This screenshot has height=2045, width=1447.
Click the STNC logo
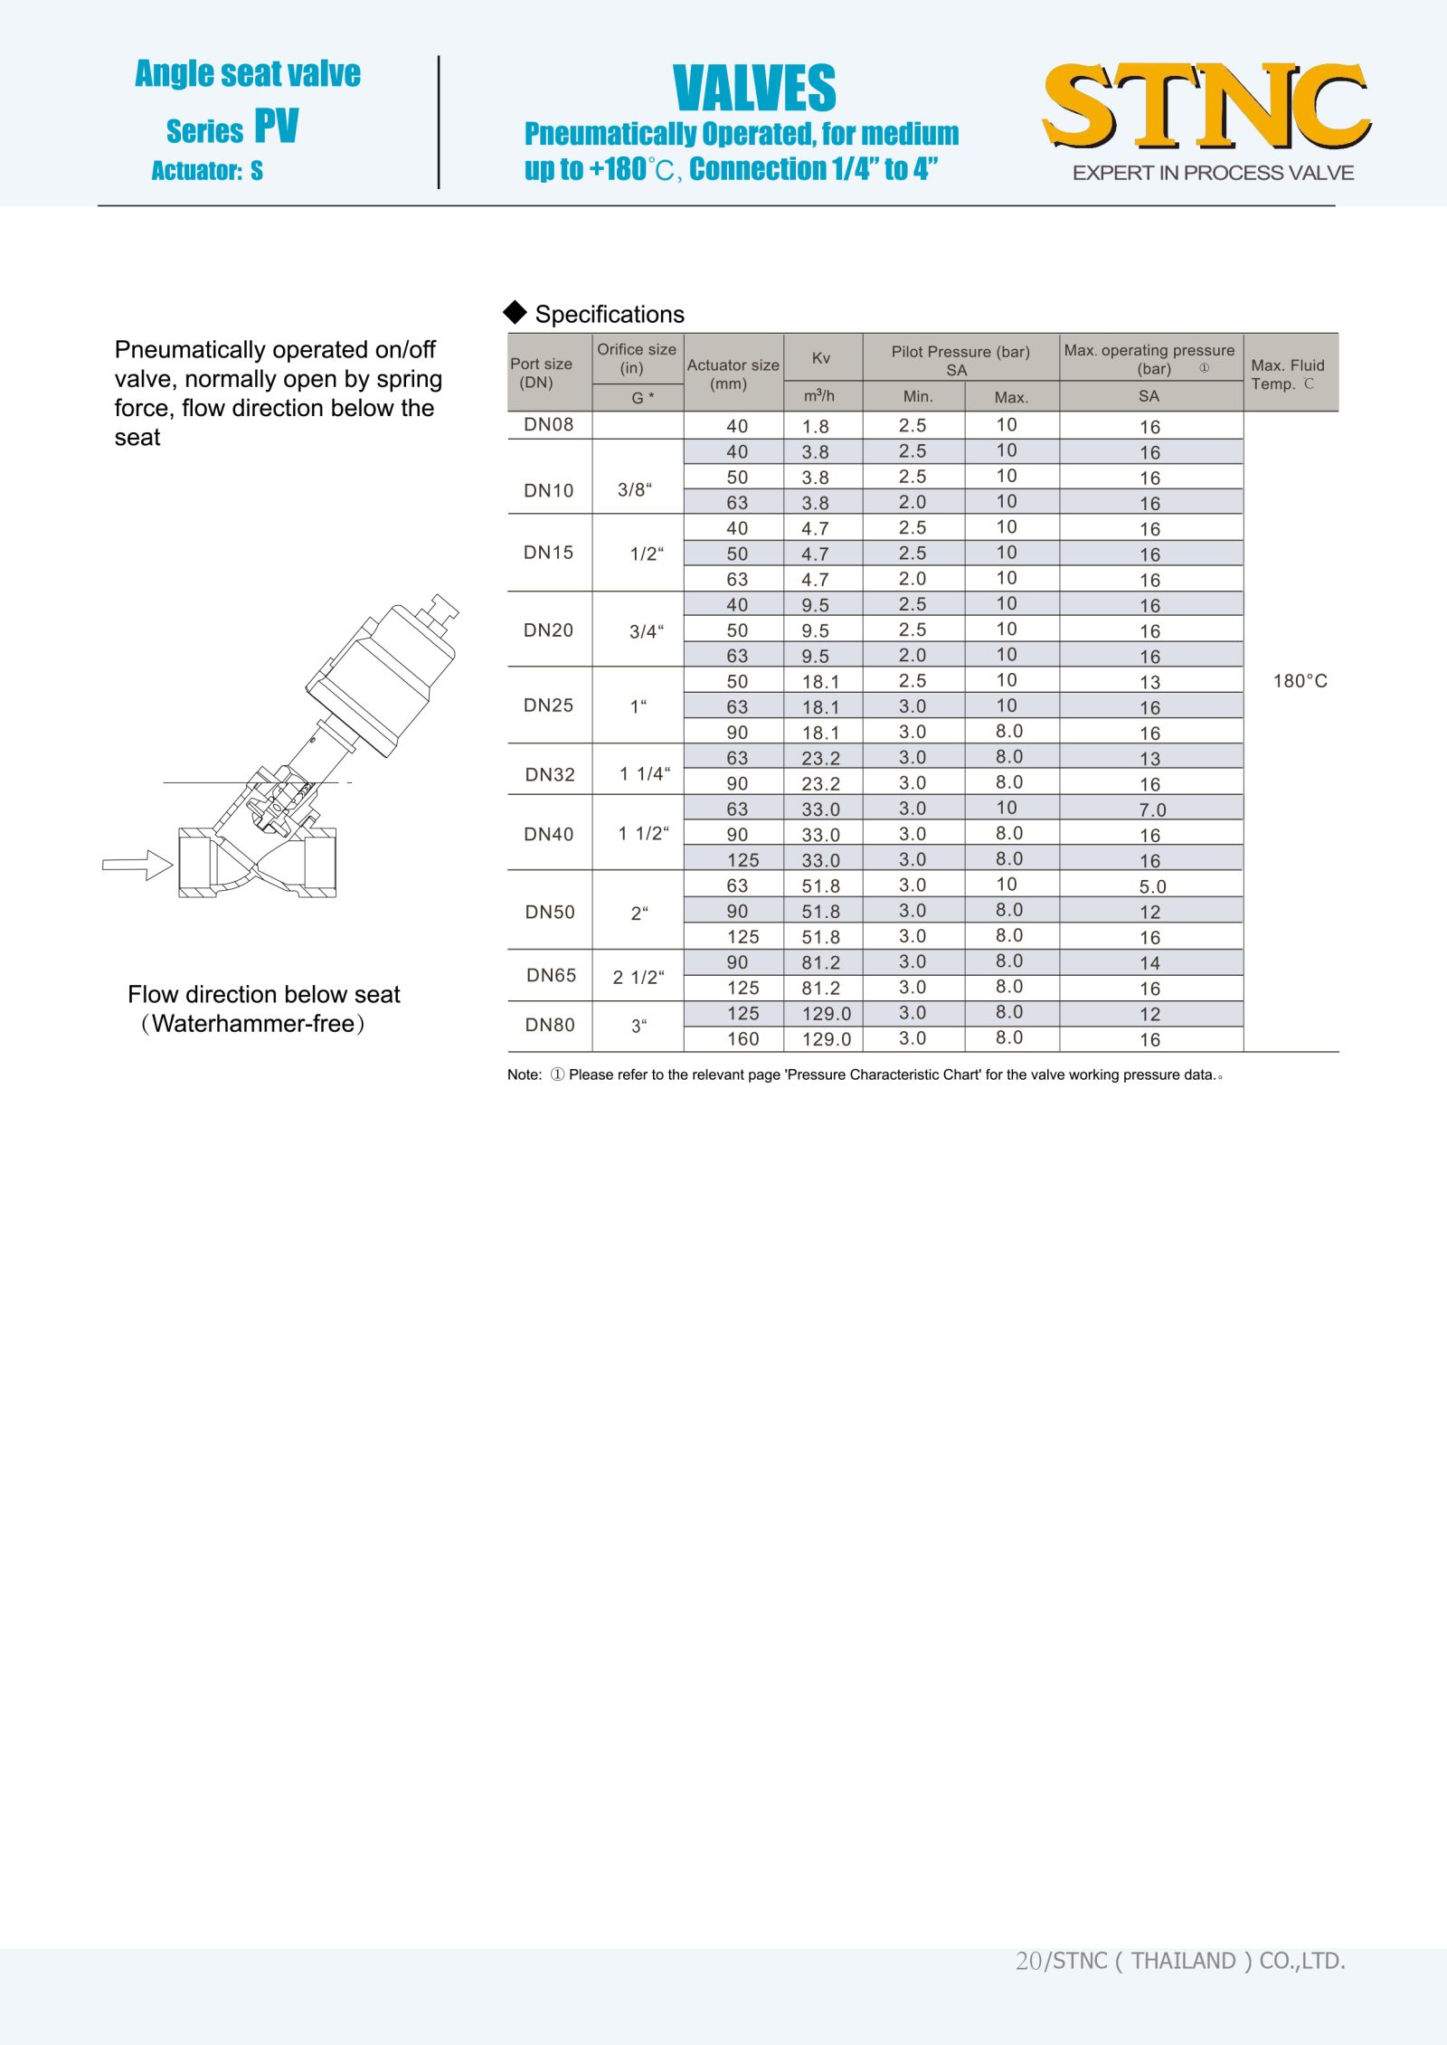pyautogui.click(x=1206, y=107)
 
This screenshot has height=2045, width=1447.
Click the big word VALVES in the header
pyautogui.click(x=754, y=89)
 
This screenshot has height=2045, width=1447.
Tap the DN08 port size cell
pyautogui.click(x=548, y=425)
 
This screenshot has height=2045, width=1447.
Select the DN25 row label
pyautogui.click(x=548, y=705)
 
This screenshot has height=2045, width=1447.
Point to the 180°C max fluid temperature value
pyautogui.click(x=1300, y=681)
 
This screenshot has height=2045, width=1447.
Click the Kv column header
pyautogui.click(x=821, y=358)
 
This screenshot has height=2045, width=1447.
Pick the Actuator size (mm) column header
pyautogui.click(x=733, y=374)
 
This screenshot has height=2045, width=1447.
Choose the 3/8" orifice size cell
pyautogui.click(x=634, y=490)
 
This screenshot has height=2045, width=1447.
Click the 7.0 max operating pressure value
pyautogui.click(x=1152, y=809)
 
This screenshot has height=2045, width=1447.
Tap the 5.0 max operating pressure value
pyautogui.click(x=1152, y=886)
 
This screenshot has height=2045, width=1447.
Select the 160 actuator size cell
pyautogui.click(x=742, y=1039)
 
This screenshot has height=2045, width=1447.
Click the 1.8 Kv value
pyautogui.click(x=815, y=426)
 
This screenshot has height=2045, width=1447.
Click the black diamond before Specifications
pyautogui.click(x=515, y=312)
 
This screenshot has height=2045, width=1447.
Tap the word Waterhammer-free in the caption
pyautogui.click(x=253, y=1024)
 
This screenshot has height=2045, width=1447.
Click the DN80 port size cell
pyautogui.click(x=550, y=1025)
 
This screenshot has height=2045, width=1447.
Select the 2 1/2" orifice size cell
pyautogui.click(x=638, y=977)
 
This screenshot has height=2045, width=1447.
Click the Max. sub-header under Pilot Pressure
pyautogui.click(x=1010, y=397)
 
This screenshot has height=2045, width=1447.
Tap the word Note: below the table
pyautogui.click(x=525, y=1075)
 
